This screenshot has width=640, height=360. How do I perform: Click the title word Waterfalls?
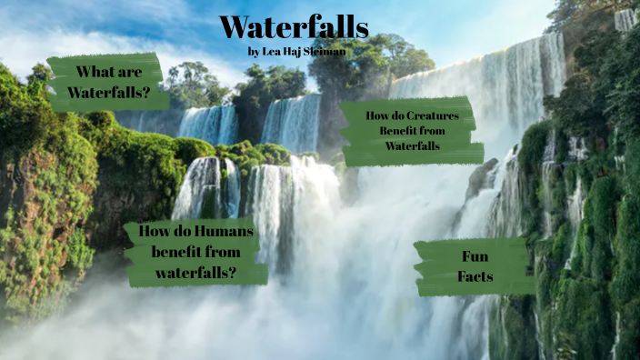pos(294,27)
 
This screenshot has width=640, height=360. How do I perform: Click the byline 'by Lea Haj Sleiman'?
pos(296,51)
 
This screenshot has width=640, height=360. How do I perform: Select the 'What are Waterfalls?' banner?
pos(107,82)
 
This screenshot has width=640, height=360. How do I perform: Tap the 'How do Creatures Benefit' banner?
pos(409,131)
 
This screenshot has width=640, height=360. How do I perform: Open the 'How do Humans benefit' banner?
pos(195,252)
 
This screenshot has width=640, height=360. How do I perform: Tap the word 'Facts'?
pos(475,276)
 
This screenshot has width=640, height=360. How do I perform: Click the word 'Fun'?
pos(475,256)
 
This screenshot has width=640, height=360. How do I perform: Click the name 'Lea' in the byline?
pos(272,51)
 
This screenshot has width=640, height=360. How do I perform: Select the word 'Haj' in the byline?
pos(293,51)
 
